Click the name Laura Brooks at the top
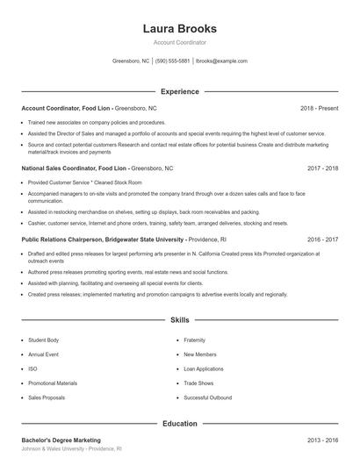pyautogui.click(x=179, y=28)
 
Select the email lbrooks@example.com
pyautogui.click(x=222, y=61)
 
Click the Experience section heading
pyautogui.click(x=179, y=91)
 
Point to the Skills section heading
pyautogui.click(x=179, y=321)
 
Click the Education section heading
pyautogui.click(x=179, y=424)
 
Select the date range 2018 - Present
pyautogui.click(x=319, y=108)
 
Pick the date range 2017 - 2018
pyautogui.click(x=322, y=167)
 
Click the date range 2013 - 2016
pyautogui.click(x=322, y=440)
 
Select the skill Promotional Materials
pyautogui.click(x=53, y=383)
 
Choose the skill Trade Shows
pyautogui.click(x=199, y=383)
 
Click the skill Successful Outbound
pyautogui.click(x=207, y=397)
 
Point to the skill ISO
pyautogui.click(x=32, y=368)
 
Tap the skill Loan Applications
pyautogui.click(x=205, y=368)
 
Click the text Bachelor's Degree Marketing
pyautogui.click(x=61, y=440)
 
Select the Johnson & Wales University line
pyautogui.click(x=71, y=448)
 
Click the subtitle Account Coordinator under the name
pyautogui.click(x=179, y=42)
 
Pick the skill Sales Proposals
pyautogui.click(x=47, y=397)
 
